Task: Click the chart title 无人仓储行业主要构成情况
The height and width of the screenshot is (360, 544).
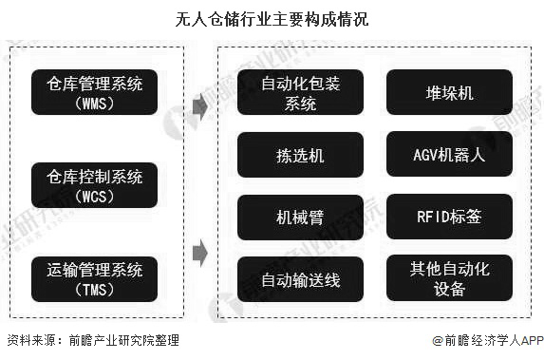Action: tap(272, 17)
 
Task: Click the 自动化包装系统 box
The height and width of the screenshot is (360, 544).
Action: tap(300, 93)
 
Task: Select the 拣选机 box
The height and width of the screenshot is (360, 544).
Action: tap(300, 155)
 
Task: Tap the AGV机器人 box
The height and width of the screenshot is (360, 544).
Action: tap(449, 155)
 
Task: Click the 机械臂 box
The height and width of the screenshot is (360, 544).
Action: tap(300, 217)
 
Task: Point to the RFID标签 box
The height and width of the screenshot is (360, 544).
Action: tap(449, 217)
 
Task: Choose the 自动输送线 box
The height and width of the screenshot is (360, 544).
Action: tap(300, 279)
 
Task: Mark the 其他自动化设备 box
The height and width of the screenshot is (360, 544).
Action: tap(449, 279)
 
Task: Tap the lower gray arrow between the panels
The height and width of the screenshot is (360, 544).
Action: tap(198, 253)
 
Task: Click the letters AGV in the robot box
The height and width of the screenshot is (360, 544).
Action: tap(426, 155)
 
